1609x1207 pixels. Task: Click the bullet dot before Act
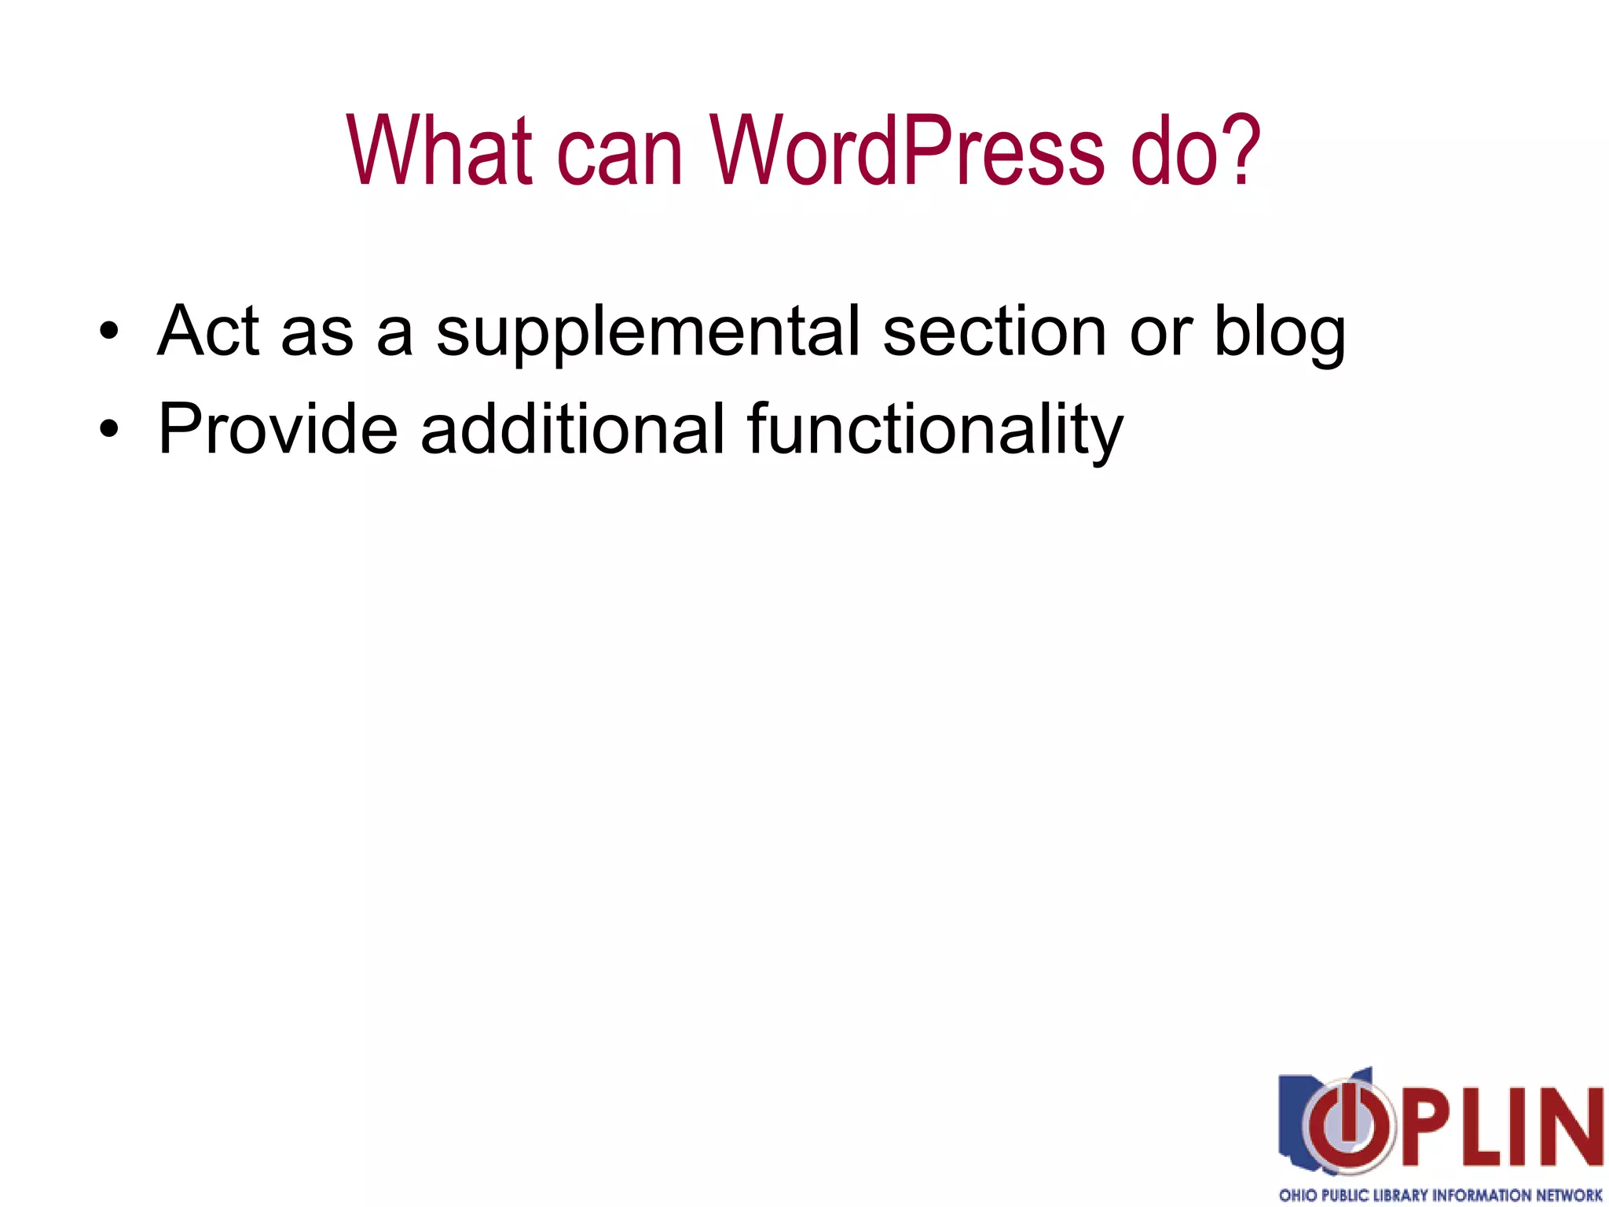[x=109, y=331]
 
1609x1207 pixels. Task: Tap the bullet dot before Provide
[x=109, y=429]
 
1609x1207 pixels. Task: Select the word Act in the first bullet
[x=208, y=331]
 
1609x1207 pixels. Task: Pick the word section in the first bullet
[x=995, y=331]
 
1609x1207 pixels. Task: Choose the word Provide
[x=277, y=429]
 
